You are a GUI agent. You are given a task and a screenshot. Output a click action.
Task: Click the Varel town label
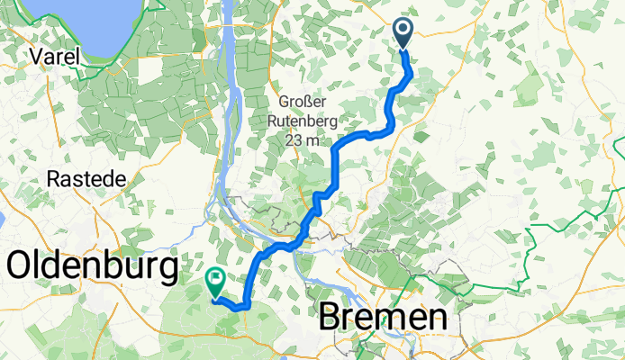[x=54, y=56]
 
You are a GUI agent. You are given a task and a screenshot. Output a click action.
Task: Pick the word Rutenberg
[x=307, y=118]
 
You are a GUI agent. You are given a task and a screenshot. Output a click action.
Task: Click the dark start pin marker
[x=403, y=33]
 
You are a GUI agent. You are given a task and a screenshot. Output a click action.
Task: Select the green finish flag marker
[x=216, y=282]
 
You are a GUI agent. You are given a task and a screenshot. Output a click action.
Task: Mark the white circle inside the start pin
[x=403, y=30]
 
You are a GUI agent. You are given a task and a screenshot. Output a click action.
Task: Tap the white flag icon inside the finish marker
[x=216, y=278]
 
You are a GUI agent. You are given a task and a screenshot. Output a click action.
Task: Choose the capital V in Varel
[x=36, y=56]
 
